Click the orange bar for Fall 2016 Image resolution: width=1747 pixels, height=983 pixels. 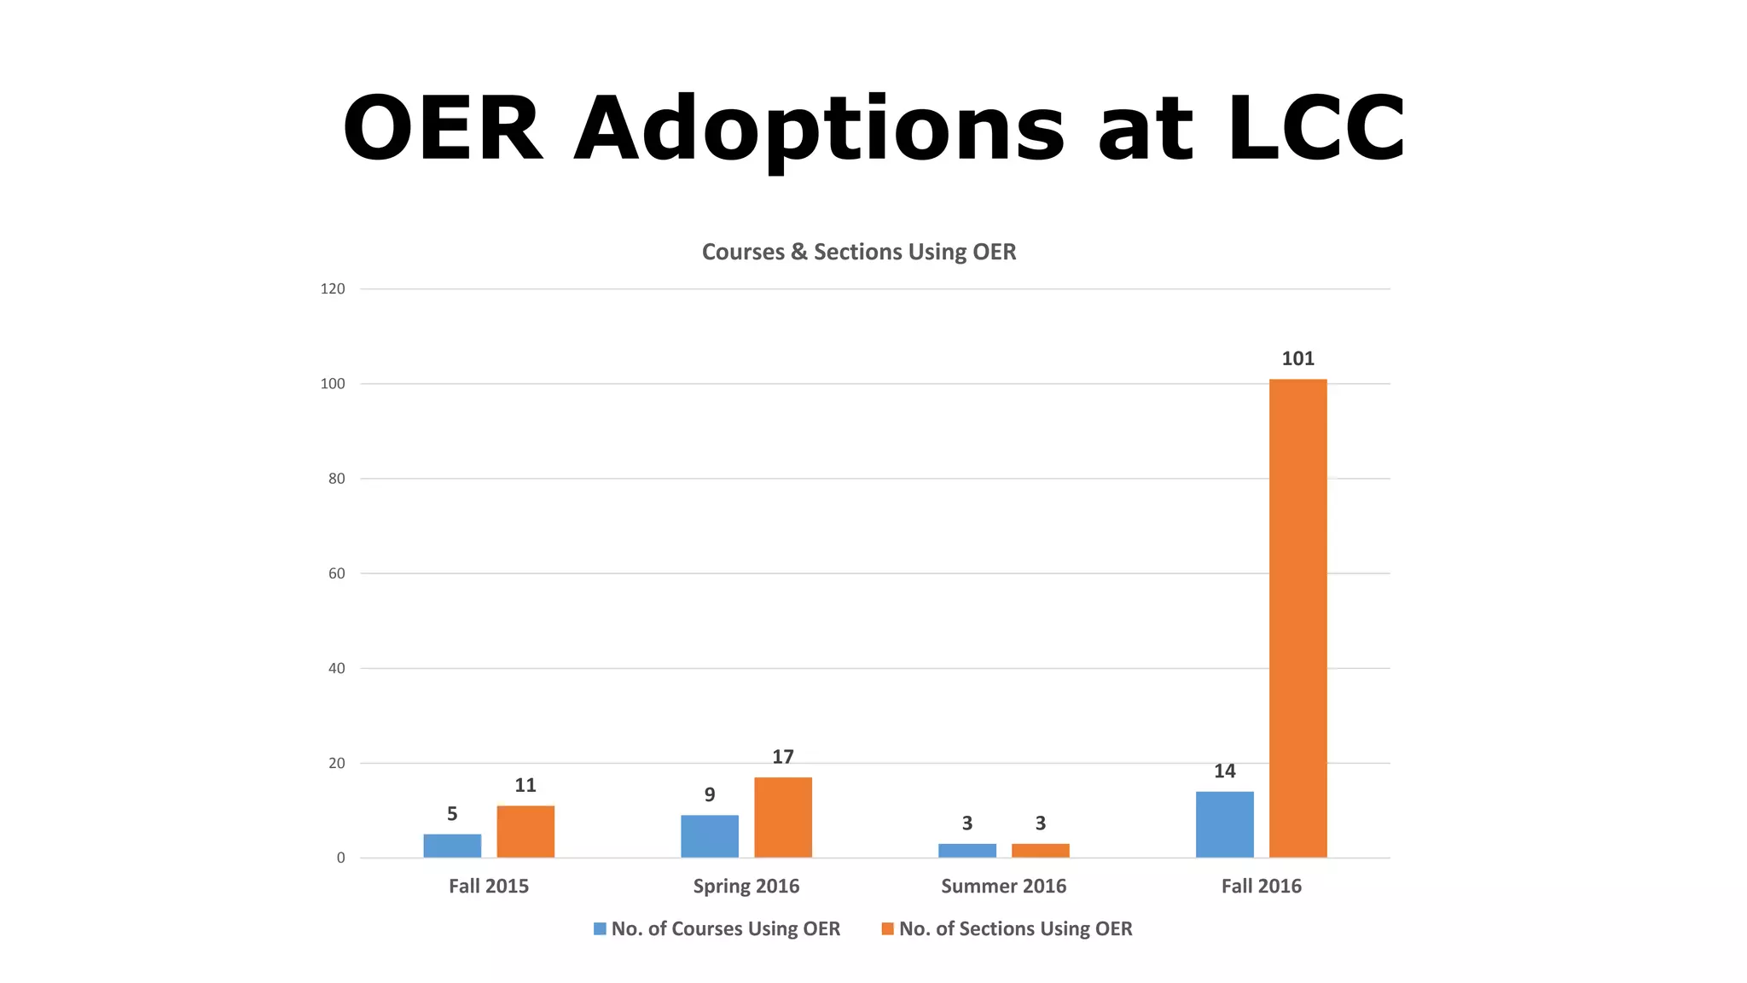[x=1297, y=619]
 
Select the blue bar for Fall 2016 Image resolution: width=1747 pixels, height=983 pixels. [x=1224, y=824]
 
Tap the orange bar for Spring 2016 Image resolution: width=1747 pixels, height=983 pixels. [x=782, y=817]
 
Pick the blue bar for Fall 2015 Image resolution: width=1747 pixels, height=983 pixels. [x=452, y=846]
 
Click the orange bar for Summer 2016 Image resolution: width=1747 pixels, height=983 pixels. [x=1040, y=851]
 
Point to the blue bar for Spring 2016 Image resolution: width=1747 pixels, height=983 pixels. [x=709, y=836]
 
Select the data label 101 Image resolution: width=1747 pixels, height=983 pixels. [x=1297, y=358]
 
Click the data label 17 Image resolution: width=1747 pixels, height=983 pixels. [x=782, y=757]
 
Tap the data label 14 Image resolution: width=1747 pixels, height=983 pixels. [x=1224, y=771]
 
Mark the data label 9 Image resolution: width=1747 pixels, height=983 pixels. [x=709, y=795]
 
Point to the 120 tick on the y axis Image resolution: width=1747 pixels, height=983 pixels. [x=333, y=289]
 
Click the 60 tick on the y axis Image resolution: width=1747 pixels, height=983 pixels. [x=336, y=573]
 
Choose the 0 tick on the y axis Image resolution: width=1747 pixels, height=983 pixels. [x=340, y=858]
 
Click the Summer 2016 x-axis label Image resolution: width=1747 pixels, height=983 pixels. [x=1003, y=886]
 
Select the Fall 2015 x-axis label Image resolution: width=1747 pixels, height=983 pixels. [x=489, y=886]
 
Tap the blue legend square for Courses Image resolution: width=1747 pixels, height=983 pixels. [x=600, y=928]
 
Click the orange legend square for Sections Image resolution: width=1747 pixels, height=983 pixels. [x=887, y=928]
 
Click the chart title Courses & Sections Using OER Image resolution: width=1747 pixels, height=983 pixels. [x=858, y=252]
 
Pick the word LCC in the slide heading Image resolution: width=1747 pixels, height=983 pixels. [x=1315, y=128]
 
